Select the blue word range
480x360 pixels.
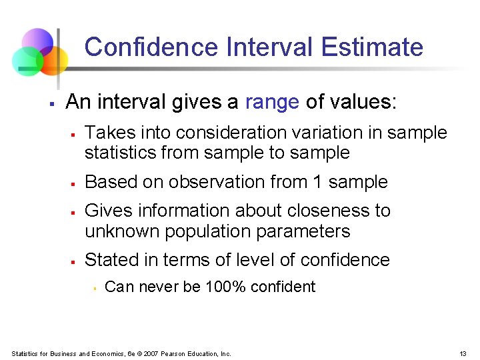click(x=272, y=102)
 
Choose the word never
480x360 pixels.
click(x=158, y=287)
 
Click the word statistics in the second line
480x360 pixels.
click(x=119, y=153)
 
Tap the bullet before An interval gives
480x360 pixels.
click(x=51, y=104)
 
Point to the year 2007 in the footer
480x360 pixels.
click(x=151, y=353)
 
